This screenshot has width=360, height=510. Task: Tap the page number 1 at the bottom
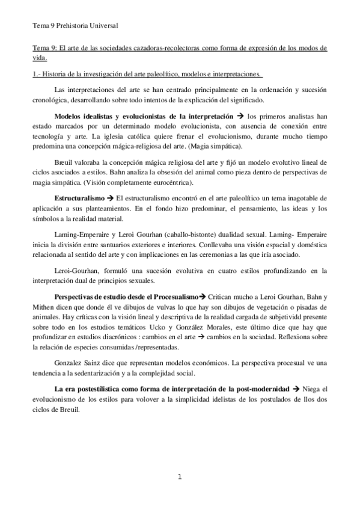coord(179,477)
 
